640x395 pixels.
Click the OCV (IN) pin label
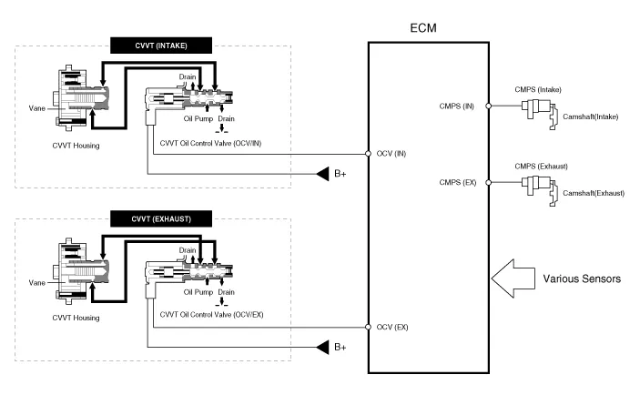pos(391,153)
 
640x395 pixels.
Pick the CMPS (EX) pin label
pos(456,183)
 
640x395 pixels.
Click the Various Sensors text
pos(582,279)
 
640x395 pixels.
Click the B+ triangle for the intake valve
pos(323,173)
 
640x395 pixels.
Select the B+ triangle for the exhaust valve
pos(323,347)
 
